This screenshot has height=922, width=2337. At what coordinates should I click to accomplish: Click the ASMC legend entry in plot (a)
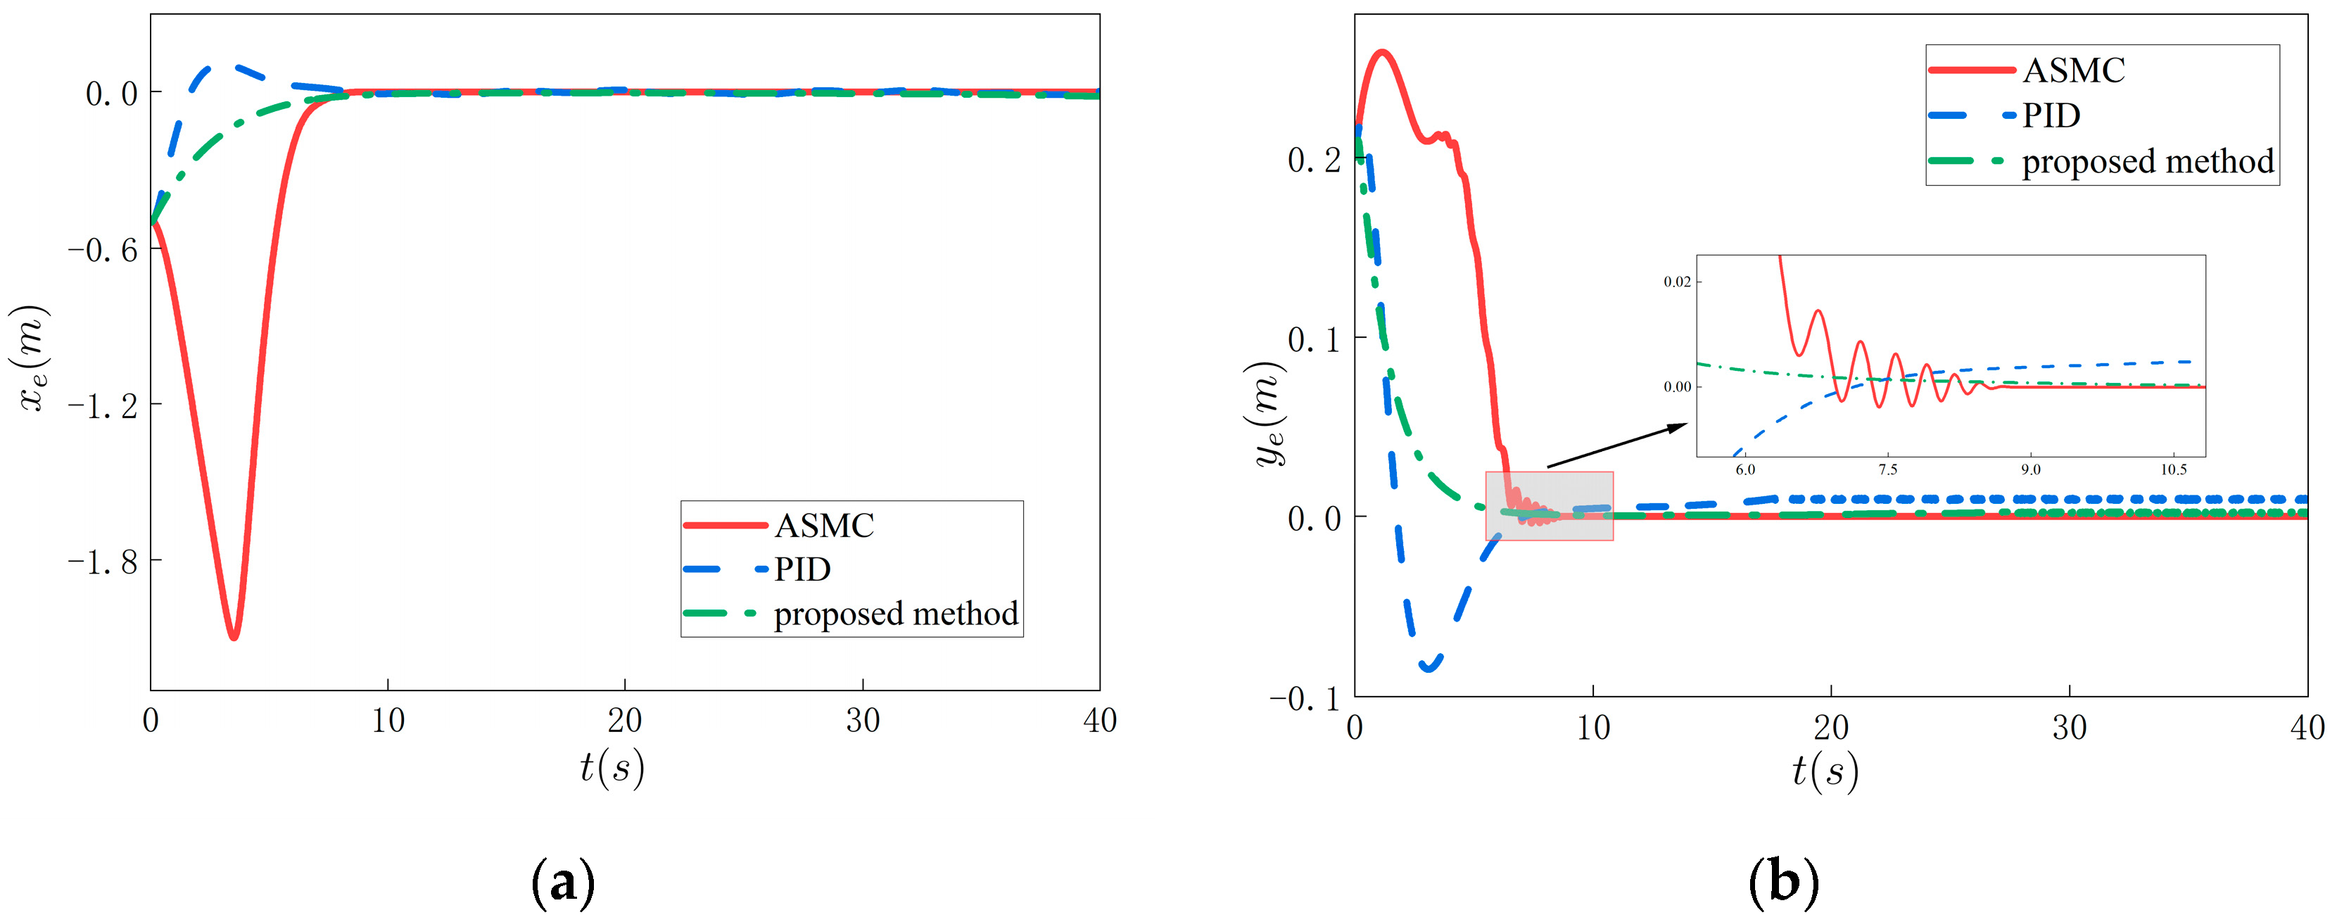pos(824,526)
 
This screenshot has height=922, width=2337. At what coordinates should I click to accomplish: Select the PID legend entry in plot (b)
pos(2051,116)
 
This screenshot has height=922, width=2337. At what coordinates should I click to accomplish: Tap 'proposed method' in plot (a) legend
pos(895,614)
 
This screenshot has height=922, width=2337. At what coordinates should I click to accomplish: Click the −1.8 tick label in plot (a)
pos(103,562)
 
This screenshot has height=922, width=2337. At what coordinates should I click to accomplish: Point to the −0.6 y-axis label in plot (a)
pos(103,250)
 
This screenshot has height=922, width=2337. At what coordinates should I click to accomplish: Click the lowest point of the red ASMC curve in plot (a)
pos(233,637)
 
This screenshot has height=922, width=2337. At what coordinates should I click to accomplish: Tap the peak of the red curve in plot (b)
pos(1381,53)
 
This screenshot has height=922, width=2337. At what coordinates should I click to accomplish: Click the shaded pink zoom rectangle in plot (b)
pos(1549,505)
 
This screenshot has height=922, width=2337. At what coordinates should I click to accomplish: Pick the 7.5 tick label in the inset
pos(1887,470)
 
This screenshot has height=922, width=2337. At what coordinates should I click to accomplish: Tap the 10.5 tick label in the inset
pos(2173,470)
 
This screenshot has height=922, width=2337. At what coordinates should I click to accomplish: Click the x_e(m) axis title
pos(34,358)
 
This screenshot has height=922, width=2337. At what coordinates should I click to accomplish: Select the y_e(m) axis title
pos(1267,413)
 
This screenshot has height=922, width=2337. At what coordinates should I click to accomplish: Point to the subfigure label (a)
pos(562,882)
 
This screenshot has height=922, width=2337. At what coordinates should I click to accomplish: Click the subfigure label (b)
pos(1784,882)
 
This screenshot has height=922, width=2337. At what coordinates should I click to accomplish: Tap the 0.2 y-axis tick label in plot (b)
pos(1314,160)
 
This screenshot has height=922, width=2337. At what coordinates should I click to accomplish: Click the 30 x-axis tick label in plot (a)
pos(862,721)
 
